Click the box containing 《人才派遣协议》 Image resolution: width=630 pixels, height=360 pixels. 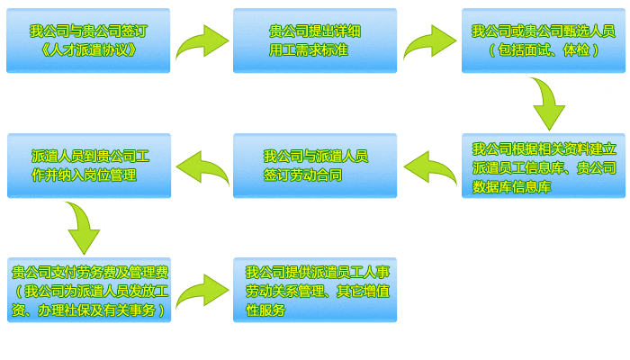tap(88, 40)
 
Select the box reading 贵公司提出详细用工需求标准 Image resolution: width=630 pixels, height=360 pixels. tap(314, 40)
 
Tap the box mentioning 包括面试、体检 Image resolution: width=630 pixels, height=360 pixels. tap(543, 40)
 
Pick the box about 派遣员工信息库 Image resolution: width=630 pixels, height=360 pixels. tap(543, 166)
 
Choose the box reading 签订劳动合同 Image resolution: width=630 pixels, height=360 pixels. tap(314, 166)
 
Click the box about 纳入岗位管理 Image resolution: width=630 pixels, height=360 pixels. tap(88, 166)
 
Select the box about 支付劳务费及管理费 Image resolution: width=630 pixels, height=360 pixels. tap(88, 290)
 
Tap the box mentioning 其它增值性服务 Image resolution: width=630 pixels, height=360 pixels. tap(314, 290)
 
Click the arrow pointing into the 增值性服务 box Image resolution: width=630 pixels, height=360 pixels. tap(202, 291)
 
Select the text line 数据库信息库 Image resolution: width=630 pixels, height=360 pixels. tap(511, 187)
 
